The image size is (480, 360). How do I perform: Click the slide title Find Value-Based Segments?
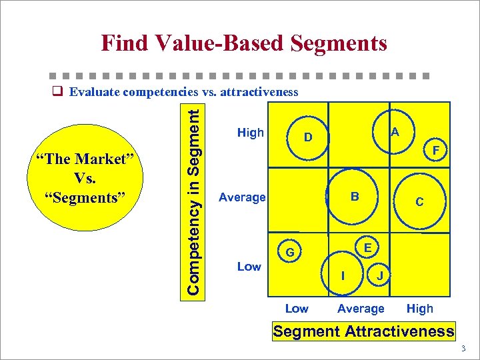coord(244,44)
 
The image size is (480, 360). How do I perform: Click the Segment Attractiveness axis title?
coord(364,331)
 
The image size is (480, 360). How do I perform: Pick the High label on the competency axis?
coord(251,133)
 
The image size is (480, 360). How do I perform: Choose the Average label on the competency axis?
coord(243,197)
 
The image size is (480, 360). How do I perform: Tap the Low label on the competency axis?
coord(249,267)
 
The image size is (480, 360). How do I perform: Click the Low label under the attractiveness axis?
coord(297,309)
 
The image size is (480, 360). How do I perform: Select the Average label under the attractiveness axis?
coord(361,309)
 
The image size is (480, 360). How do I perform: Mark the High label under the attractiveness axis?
coord(420,309)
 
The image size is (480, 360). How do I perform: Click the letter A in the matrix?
coord(395,133)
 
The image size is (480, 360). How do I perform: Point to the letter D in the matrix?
coord(308,138)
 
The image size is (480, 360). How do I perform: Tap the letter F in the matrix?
coord(435,151)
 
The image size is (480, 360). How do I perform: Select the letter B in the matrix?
coord(355,196)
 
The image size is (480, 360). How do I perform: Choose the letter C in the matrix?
coord(419,201)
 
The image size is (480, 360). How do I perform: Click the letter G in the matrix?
coord(290,253)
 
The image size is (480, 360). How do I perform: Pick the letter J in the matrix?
coord(379,275)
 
